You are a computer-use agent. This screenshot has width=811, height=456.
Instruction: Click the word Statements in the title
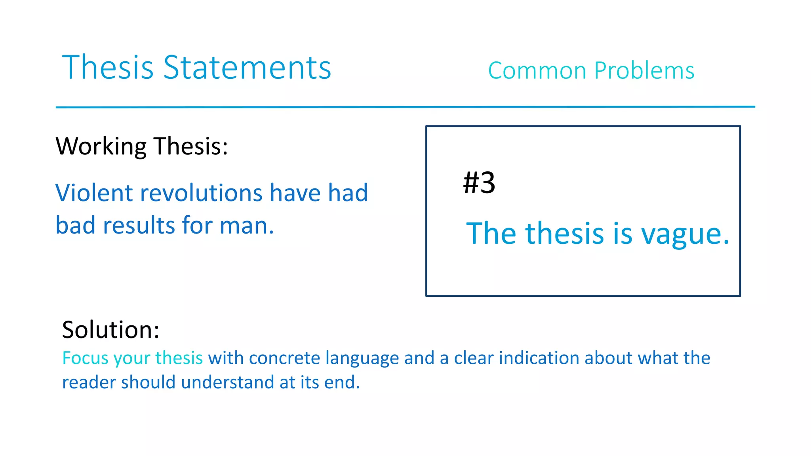[x=247, y=68]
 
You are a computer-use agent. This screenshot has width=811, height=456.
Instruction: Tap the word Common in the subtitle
[x=537, y=71]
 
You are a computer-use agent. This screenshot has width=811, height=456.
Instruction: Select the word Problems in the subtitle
[x=644, y=71]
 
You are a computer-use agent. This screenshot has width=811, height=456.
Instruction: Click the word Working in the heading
[x=101, y=146]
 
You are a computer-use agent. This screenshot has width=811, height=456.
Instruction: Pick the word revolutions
[x=201, y=193]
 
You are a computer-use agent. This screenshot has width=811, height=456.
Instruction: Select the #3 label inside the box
[x=479, y=183]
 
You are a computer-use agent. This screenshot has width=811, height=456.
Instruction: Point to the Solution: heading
[x=110, y=330]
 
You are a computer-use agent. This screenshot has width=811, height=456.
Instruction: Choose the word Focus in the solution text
[x=85, y=358]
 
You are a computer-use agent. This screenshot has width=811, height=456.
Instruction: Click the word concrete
[x=284, y=358]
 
